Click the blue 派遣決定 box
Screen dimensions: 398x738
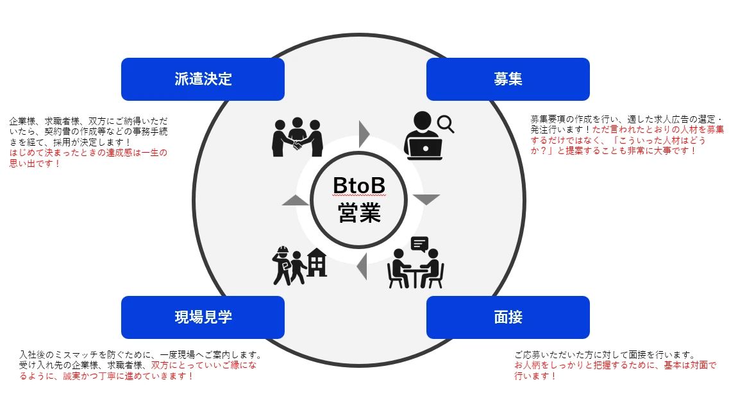[x=203, y=79]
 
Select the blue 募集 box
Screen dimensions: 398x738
[x=507, y=79]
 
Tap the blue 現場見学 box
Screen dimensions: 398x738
[x=203, y=317]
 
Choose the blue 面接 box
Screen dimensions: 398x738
[x=507, y=317]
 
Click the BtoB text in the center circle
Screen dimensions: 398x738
[x=359, y=186]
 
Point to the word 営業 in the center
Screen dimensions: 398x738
[x=359, y=212]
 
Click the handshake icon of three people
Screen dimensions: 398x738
[x=298, y=136]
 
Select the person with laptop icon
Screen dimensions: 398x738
[x=423, y=136]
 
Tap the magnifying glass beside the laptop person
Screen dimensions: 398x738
[x=446, y=124]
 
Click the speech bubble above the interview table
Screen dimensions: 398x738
[x=419, y=244]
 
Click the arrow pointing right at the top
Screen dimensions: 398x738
[x=364, y=133]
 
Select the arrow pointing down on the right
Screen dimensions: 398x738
[x=427, y=200]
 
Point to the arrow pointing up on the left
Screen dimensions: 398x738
[x=296, y=200]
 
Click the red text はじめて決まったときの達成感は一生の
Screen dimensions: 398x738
[x=88, y=153]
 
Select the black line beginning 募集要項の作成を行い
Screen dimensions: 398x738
[x=626, y=119]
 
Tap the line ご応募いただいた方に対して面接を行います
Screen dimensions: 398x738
[x=605, y=354]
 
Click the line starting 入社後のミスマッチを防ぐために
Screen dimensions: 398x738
[x=140, y=354]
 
